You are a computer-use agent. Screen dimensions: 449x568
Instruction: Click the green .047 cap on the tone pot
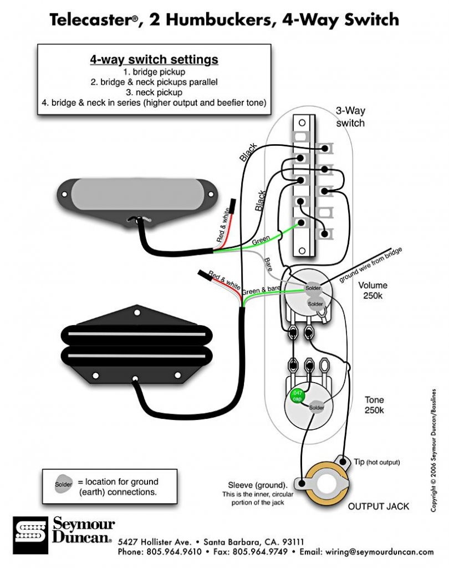pos(297,396)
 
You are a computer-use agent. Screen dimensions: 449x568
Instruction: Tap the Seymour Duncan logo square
pos(30,535)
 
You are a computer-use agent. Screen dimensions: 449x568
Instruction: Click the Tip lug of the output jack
pos(342,461)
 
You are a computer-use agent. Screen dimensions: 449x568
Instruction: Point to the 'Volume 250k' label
pos(373,290)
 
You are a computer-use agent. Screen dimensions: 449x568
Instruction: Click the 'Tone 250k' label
pos(374,404)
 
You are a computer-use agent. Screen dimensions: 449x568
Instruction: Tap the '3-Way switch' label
pos(350,116)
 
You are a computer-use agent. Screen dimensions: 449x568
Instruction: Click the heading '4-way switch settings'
pos(154,59)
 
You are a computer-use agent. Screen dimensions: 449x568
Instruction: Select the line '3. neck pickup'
pos(154,93)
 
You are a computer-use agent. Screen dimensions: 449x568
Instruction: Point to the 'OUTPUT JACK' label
pos(379,506)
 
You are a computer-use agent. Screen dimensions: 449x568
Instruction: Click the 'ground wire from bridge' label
pos(370,265)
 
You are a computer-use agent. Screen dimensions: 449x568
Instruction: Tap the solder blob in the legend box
pos(63,483)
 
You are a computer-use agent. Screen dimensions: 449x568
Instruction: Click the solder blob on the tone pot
pos(316,407)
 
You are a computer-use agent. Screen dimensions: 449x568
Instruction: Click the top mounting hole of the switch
pos(302,123)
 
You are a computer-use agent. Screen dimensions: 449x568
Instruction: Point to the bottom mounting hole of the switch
pos(302,250)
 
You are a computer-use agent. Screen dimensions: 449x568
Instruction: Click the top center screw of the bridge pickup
pos(137,312)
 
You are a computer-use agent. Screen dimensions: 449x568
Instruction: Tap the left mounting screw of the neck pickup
pos(64,194)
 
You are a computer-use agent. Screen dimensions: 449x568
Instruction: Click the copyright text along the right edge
pos(433,450)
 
